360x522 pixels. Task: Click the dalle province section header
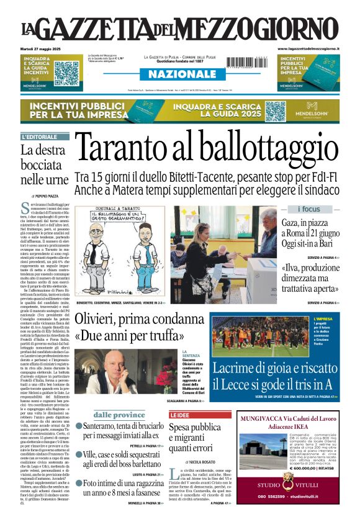102,415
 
